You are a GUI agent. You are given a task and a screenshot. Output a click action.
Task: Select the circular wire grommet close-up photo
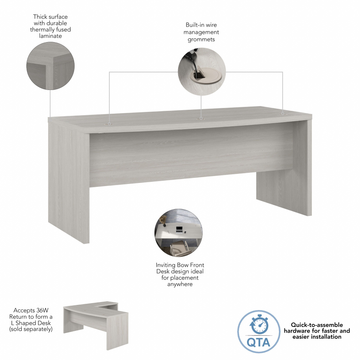point(202,72)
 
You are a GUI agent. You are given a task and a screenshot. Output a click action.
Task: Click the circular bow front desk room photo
point(179,233)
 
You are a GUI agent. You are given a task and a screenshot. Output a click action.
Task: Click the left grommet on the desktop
point(109,123)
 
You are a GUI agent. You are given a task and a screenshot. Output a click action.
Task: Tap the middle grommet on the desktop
point(201,118)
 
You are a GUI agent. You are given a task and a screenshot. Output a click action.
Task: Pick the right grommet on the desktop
point(283,113)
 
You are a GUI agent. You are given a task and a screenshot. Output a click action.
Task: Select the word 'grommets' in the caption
point(201,39)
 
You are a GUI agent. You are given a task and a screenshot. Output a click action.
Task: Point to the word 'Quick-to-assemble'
point(317,324)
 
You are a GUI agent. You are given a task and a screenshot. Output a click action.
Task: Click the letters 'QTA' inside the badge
point(258,341)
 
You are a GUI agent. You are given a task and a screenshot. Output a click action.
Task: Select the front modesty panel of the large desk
point(191,158)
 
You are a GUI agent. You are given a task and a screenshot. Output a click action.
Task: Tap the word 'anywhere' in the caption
point(180,284)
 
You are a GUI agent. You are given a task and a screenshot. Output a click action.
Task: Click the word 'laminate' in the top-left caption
point(50,36)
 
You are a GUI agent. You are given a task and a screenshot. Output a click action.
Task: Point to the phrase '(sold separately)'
point(31,329)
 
